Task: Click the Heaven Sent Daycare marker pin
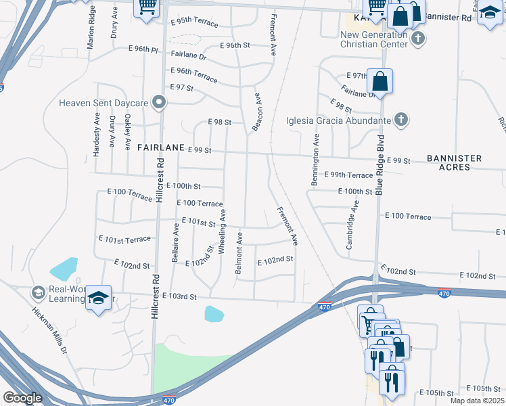[159, 103]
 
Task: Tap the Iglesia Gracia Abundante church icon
[400, 120]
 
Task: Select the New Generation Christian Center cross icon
[418, 38]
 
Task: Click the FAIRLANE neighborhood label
[160, 147]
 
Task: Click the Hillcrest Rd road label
[160, 181]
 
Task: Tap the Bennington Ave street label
[315, 160]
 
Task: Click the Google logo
[22, 398]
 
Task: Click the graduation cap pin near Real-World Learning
[99, 298]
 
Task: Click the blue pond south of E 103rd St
[214, 314]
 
